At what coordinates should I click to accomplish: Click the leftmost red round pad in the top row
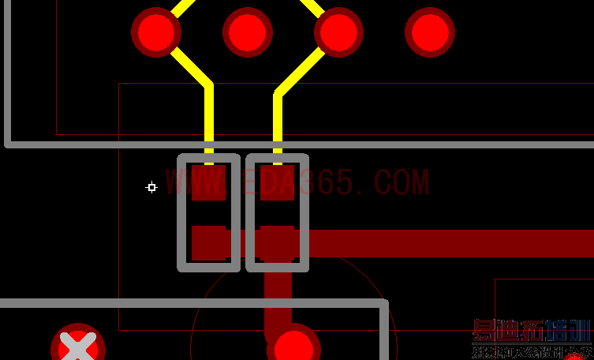point(156,32)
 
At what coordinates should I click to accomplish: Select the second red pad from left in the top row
point(248,32)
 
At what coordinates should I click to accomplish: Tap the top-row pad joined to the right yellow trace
point(339,32)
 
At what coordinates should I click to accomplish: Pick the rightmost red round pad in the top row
point(430,32)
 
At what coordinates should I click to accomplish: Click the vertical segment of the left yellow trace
point(209,118)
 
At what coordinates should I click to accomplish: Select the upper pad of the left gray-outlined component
point(209,183)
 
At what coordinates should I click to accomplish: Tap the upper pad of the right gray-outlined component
point(278,183)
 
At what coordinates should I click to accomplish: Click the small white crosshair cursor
point(151,187)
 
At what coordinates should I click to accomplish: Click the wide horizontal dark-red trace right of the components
point(450,243)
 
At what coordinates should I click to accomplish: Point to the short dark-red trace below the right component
point(277,296)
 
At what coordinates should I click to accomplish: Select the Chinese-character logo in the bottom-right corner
point(532,338)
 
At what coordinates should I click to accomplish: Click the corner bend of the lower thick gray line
point(384,304)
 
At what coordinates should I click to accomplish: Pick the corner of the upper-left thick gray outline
point(9,144)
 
